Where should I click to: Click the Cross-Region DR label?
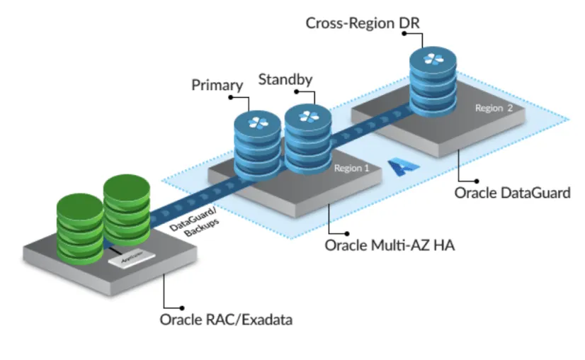[x=363, y=23]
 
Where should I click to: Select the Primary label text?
[x=217, y=85]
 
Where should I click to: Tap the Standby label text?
[x=285, y=79]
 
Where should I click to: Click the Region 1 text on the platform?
[x=352, y=169]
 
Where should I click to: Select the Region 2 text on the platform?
[x=493, y=108]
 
